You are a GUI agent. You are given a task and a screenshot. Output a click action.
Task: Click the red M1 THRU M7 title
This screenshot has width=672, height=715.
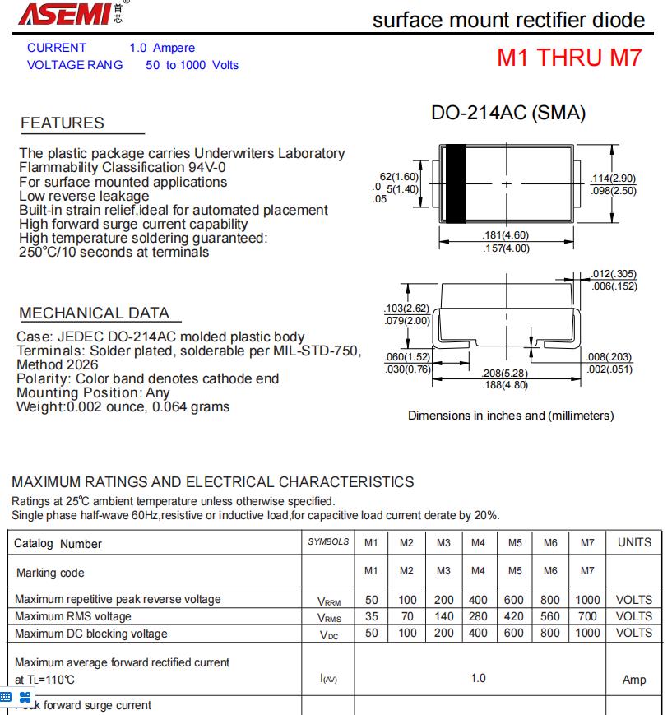tap(568, 58)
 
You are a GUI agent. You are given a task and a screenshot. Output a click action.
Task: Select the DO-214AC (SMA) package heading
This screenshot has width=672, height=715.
tap(508, 114)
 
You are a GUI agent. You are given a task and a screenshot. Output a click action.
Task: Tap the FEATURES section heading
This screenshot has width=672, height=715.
tap(63, 123)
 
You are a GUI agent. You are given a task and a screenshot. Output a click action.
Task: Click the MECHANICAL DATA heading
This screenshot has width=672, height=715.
tap(95, 313)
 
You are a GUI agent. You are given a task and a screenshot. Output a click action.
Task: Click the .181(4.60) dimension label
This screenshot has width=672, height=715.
tap(506, 235)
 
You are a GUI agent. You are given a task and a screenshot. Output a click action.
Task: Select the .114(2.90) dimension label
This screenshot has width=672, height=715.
tap(614, 179)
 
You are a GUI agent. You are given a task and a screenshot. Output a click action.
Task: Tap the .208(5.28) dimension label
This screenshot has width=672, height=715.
tap(504, 373)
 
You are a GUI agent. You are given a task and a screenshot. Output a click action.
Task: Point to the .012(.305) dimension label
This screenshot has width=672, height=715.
tap(614, 274)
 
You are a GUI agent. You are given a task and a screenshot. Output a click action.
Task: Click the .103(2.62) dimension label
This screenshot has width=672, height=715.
tap(407, 308)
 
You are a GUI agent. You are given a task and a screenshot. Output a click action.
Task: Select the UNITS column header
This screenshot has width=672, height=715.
tap(633, 542)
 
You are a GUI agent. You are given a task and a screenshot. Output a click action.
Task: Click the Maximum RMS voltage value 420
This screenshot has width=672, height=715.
tap(515, 616)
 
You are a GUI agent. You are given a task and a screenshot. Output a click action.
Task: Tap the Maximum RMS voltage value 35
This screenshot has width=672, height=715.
tap(372, 616)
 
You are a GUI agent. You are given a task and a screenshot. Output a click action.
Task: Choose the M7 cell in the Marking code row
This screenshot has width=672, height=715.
tap(586, 572)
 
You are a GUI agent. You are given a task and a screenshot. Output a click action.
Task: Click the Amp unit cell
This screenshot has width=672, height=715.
tap(634, 679)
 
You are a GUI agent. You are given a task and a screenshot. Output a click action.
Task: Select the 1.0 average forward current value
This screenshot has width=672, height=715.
tap(478, 678)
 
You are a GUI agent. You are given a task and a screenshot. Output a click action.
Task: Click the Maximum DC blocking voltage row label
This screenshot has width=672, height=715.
tap(91, 634)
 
